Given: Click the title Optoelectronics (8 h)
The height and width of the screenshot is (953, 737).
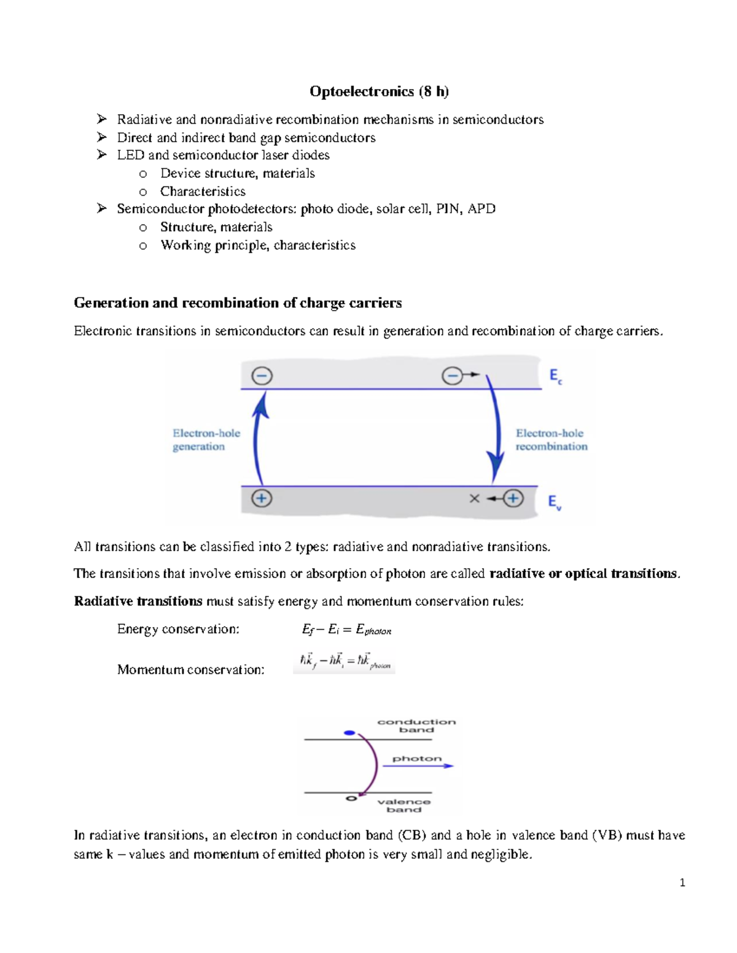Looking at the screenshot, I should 379,91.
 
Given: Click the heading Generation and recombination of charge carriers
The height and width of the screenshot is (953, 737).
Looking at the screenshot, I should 238,303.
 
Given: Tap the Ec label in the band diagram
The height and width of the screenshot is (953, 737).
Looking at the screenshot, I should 555,376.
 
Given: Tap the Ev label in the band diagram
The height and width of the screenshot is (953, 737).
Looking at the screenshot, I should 555,502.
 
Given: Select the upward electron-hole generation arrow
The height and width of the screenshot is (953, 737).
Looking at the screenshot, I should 259,439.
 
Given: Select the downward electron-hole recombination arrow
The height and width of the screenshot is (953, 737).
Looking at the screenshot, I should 493,430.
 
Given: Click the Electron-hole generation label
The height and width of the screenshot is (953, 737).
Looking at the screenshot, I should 206,439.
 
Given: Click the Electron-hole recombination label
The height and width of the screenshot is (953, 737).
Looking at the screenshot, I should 551,439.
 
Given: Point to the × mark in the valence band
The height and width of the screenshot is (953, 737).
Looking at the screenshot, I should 474,498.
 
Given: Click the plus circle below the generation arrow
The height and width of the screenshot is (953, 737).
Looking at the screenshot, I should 262,498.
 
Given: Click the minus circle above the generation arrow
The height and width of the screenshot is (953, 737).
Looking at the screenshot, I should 262,376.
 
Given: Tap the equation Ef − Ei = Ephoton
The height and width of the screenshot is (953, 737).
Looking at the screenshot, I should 346,630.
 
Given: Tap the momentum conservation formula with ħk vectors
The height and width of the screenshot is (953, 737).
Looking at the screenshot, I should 344,662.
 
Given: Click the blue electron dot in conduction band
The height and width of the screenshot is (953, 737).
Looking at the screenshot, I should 349,733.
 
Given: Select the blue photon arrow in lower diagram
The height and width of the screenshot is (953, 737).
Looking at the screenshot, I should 418,765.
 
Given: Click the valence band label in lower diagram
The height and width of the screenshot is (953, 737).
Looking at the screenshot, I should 404,805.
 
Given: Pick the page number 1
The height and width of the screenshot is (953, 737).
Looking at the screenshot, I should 682,882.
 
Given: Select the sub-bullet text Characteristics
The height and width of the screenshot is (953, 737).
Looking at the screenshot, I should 203,191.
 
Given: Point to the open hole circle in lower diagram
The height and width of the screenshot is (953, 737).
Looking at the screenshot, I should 351,798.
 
